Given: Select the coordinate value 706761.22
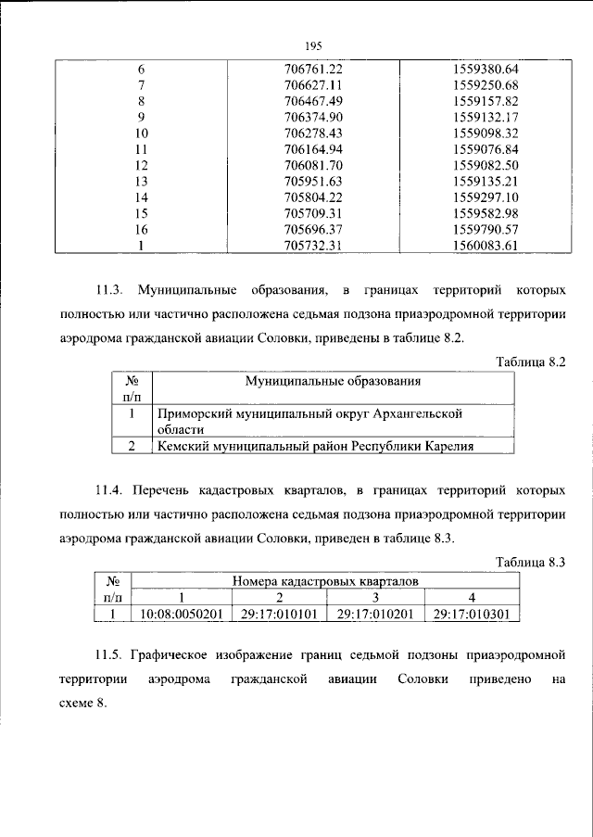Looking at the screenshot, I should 314,70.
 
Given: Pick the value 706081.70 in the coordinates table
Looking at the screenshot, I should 314,164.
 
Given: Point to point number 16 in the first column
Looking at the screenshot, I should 142,229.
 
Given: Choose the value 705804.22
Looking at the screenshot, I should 314,197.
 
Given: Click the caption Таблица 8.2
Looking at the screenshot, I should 530,362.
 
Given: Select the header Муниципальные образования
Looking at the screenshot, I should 333,380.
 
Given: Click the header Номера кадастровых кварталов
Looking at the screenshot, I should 325,581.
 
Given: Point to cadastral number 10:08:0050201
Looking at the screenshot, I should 182,613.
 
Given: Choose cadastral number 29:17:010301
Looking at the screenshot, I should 471,613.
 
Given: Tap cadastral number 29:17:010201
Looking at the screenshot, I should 374,613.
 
